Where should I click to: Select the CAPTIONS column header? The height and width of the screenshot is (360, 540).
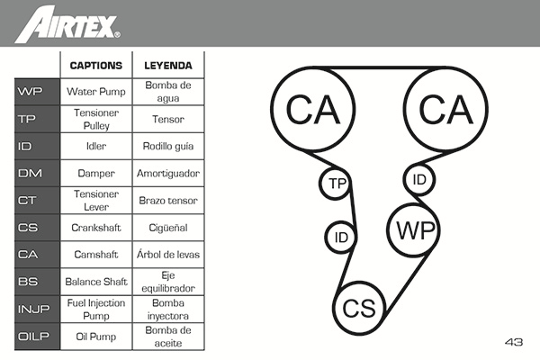tap(95, 65)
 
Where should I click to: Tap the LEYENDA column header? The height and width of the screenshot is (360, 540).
tap(169, 65)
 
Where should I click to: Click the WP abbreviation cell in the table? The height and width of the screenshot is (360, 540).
tap(30, 91)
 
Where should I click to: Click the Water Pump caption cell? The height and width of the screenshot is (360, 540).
tap(95, 91)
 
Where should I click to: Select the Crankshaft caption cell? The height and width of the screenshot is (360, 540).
tap(95, 228)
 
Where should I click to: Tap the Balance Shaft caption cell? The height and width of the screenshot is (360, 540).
tap(95, 283)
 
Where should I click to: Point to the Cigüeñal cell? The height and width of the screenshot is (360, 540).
tap(169, 228)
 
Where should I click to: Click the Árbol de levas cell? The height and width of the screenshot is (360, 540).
tap(169, 255)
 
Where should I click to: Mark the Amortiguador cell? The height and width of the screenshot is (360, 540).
tap(169, 173)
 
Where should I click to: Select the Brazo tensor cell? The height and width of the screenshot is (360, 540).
tap(169, 201)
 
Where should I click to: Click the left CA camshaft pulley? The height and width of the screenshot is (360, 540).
tap(312, 110)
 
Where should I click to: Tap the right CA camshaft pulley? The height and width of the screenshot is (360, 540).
tap(445, 110)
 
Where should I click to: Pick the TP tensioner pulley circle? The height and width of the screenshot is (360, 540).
tap(337, 184)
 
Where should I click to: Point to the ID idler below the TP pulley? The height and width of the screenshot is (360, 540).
tap(341, 238)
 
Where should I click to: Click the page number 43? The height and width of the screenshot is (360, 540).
tap(513, 342)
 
